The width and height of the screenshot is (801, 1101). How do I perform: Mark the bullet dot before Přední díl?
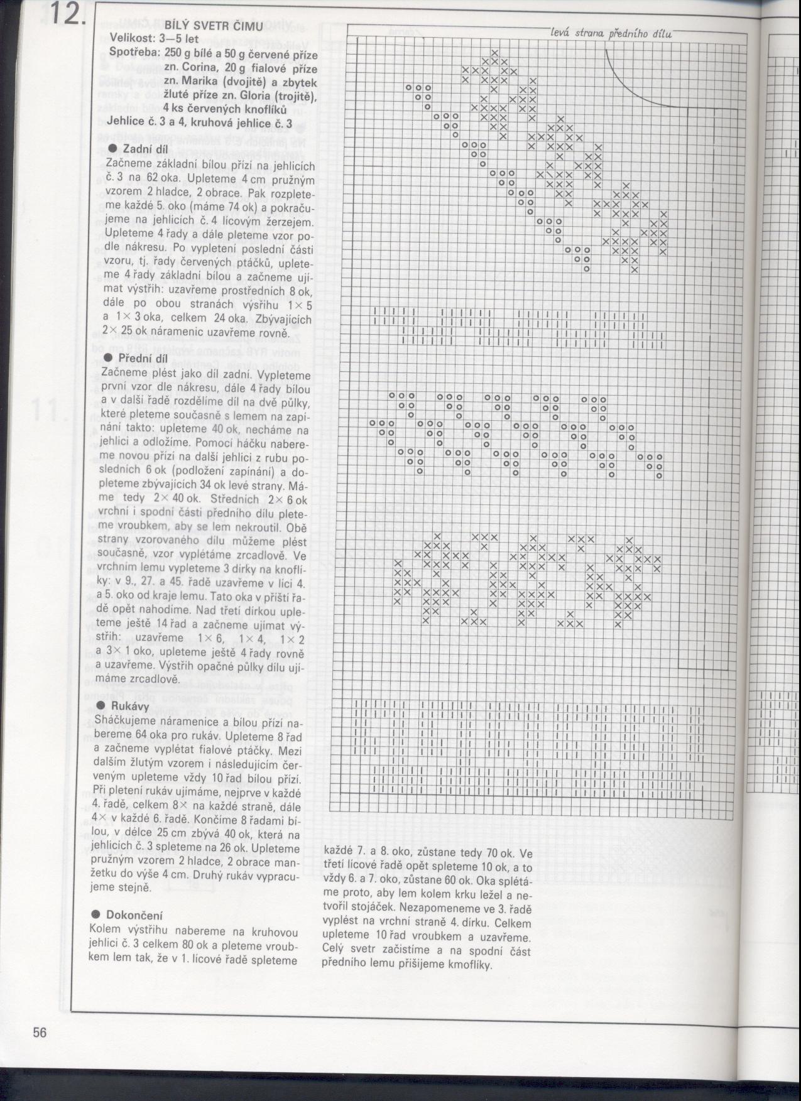[107, 357]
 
